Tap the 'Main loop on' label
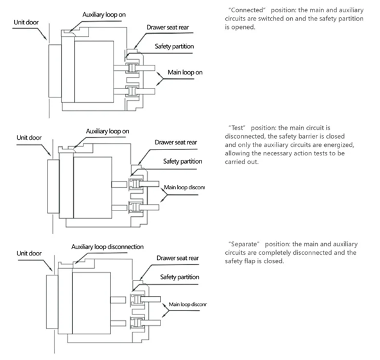(185, 72)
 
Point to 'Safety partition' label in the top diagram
(174, 47)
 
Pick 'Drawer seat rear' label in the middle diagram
(177, 142)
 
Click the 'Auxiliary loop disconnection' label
(107, 246)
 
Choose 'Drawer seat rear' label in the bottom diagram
(178, 258)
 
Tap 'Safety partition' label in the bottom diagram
(178, 277)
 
